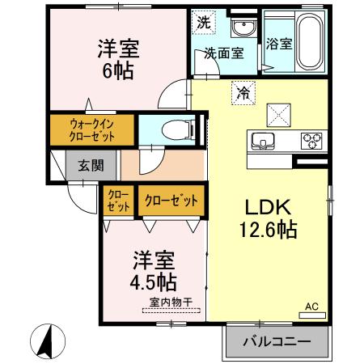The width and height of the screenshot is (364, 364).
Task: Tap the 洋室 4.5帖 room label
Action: pos(154,271)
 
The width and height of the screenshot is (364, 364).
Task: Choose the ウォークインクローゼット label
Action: pos(91,130)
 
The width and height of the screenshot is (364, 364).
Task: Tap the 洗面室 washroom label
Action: pos(222,55)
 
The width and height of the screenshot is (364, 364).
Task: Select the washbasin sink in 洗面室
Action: pos(241,29)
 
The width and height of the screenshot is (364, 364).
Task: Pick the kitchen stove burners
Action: pos(311,142)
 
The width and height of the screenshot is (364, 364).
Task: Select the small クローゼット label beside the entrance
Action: pos(119,200)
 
